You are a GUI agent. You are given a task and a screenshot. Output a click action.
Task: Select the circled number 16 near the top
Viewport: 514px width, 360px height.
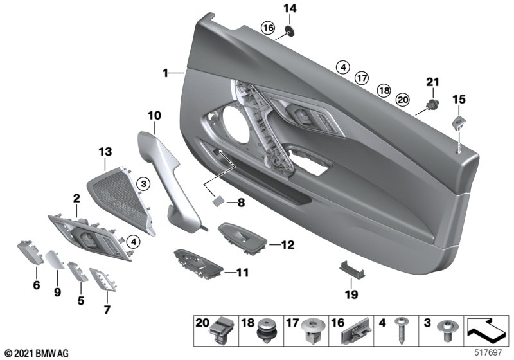coord(268,28)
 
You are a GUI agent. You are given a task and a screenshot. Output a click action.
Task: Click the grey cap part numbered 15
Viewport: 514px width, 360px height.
coord(459,122)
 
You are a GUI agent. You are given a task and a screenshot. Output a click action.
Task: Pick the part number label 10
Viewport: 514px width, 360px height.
coord(154,115)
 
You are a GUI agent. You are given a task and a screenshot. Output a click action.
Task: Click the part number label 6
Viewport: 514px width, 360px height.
coord(36,284)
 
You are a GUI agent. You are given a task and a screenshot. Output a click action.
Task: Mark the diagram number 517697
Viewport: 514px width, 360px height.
coord(488,354)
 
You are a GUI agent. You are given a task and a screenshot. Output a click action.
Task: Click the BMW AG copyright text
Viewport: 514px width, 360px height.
coord(36,354)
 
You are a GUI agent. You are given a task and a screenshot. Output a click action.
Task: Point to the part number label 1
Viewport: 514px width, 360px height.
coord(165,73)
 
